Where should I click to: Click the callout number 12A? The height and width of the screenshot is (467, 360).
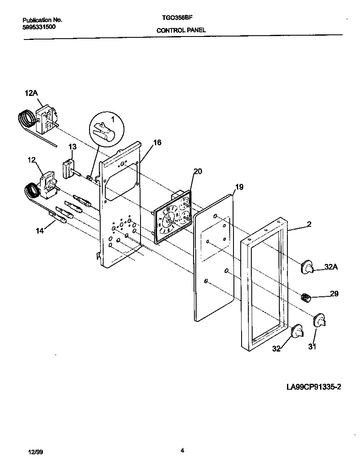[31, 93]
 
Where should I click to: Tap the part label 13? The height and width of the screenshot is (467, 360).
[73, 146]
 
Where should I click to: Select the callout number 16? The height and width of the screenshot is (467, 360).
[157, 143]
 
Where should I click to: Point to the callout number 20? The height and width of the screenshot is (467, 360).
[198, 171]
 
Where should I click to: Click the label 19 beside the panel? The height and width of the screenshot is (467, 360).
[239, 186]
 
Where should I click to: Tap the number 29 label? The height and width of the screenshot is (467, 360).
[334, 293]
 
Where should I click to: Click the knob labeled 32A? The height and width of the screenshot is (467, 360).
[307, 267]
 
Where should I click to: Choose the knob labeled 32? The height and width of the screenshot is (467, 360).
[298, 329]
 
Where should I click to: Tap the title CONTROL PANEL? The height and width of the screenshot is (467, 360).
[181, 30]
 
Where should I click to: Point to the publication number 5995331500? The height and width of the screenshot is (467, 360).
[38, 26]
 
